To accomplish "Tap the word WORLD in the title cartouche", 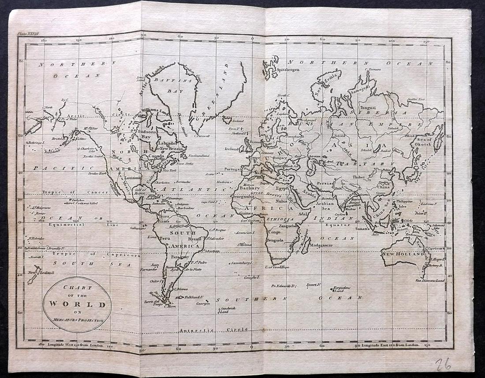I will point(77,304).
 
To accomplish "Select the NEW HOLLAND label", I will point(398,254).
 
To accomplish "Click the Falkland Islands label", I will point(196,297).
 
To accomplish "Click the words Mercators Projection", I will point(77,320).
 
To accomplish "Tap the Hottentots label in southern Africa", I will point(280,259).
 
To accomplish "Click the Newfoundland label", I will point(199,156).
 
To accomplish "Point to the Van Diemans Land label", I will point(430,280).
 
